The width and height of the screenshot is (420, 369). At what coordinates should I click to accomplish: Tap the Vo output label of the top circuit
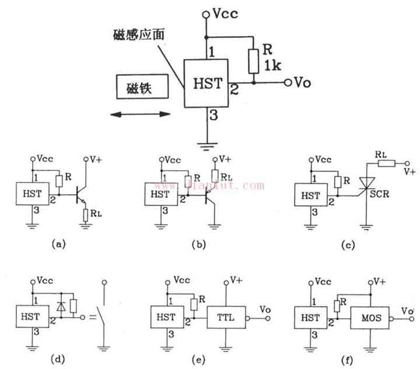pyautogui.click(x=302, y=83)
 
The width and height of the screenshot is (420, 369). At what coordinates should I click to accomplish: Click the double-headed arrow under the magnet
pyautogui.click(x=142, y=115)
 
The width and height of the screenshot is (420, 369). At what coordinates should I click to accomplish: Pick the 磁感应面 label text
pyautogui.click(x=139, y=34)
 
